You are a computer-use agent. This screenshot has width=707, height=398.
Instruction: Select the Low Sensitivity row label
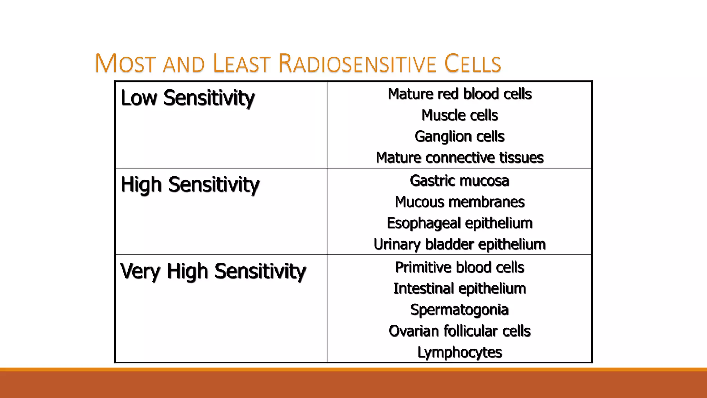[187, 98]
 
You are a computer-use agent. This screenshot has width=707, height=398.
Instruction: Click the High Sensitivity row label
[190, 184]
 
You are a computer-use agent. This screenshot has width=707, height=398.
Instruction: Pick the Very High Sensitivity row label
[213, 271]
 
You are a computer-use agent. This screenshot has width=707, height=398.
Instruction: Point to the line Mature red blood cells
[459, 94]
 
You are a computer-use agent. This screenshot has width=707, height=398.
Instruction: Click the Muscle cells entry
[459, 115]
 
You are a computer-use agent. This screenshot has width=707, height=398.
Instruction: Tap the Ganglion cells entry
[459, 136]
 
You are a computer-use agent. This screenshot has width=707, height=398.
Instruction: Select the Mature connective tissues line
[459, 158]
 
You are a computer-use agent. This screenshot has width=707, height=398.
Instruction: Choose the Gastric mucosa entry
[459, 181]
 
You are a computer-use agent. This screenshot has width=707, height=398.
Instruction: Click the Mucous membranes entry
[459, 202]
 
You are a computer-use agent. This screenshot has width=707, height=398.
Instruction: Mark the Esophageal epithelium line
[459, 223]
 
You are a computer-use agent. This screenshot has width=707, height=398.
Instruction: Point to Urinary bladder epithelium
[459, 244]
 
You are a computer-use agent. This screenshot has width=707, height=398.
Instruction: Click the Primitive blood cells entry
[459, 267]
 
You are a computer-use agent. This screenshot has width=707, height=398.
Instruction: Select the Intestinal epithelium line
[459, 288]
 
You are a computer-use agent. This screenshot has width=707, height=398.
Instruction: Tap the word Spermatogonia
[459, 310]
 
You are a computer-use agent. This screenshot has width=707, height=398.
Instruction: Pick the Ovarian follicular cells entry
[459, 331]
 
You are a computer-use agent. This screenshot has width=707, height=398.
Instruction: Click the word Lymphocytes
[459, 352]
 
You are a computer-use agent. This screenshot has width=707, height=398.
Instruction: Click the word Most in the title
[125, 64]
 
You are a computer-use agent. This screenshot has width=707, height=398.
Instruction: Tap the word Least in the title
[241, 64]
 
